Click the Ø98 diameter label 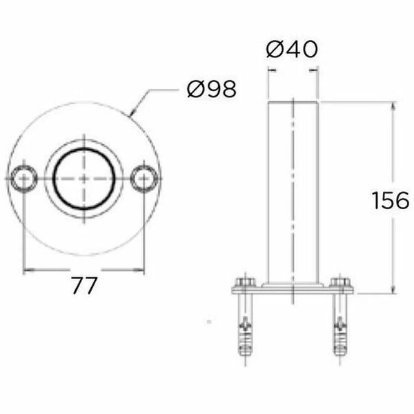(212, 89)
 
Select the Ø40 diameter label (292, 50)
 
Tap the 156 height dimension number (391, 200)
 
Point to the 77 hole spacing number (84, 286)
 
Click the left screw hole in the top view (23, 178)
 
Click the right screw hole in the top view (144, 178)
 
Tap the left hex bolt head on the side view (245, 282)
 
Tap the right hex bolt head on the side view (340, 282)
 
